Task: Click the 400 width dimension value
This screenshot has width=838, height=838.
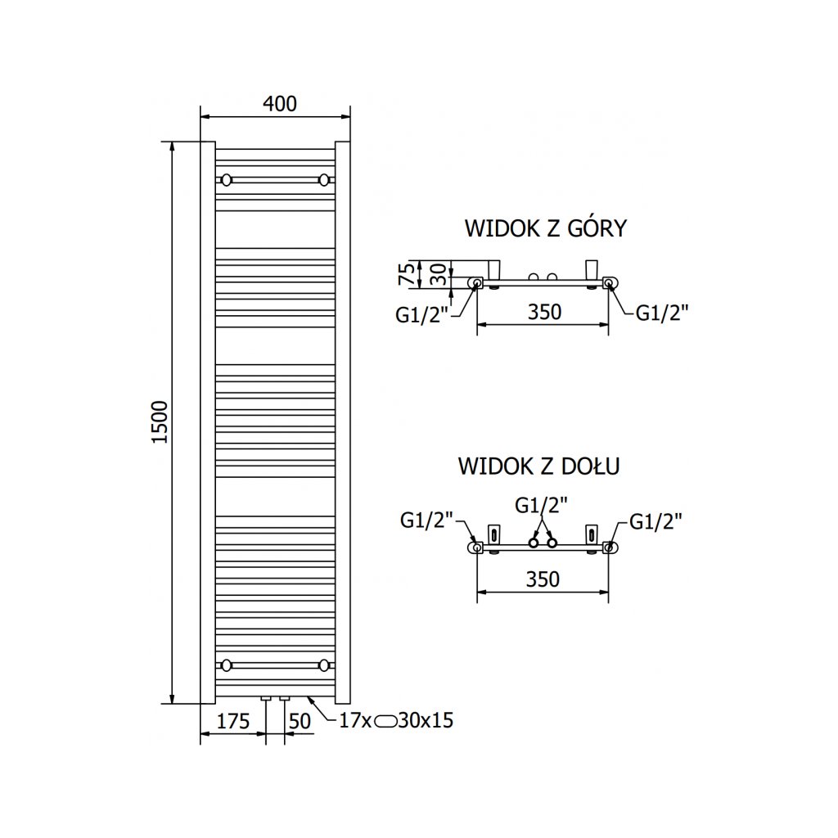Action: coord(279,104)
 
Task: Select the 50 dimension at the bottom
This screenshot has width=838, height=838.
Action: coord(300,721)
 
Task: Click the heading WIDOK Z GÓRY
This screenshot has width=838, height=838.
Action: coord(545,228)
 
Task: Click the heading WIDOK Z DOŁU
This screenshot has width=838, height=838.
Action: coord(538,466)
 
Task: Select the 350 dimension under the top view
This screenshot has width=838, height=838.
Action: coord(543,311)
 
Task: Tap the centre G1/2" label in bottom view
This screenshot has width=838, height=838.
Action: coord(542,505)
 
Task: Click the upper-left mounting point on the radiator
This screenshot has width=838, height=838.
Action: coord(227,179)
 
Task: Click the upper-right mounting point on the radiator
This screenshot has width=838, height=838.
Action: coord(325,179)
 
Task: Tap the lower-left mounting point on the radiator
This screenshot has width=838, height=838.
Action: coord(227,664)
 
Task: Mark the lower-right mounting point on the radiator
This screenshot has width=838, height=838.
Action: coord(325,664)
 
